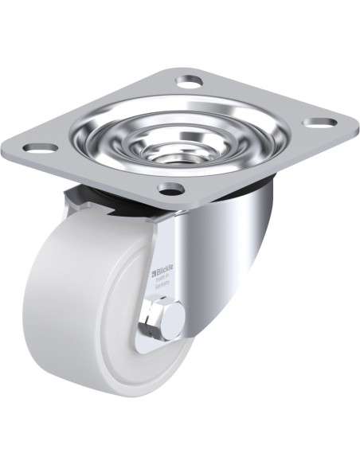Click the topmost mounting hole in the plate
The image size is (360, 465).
pos(190,81)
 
